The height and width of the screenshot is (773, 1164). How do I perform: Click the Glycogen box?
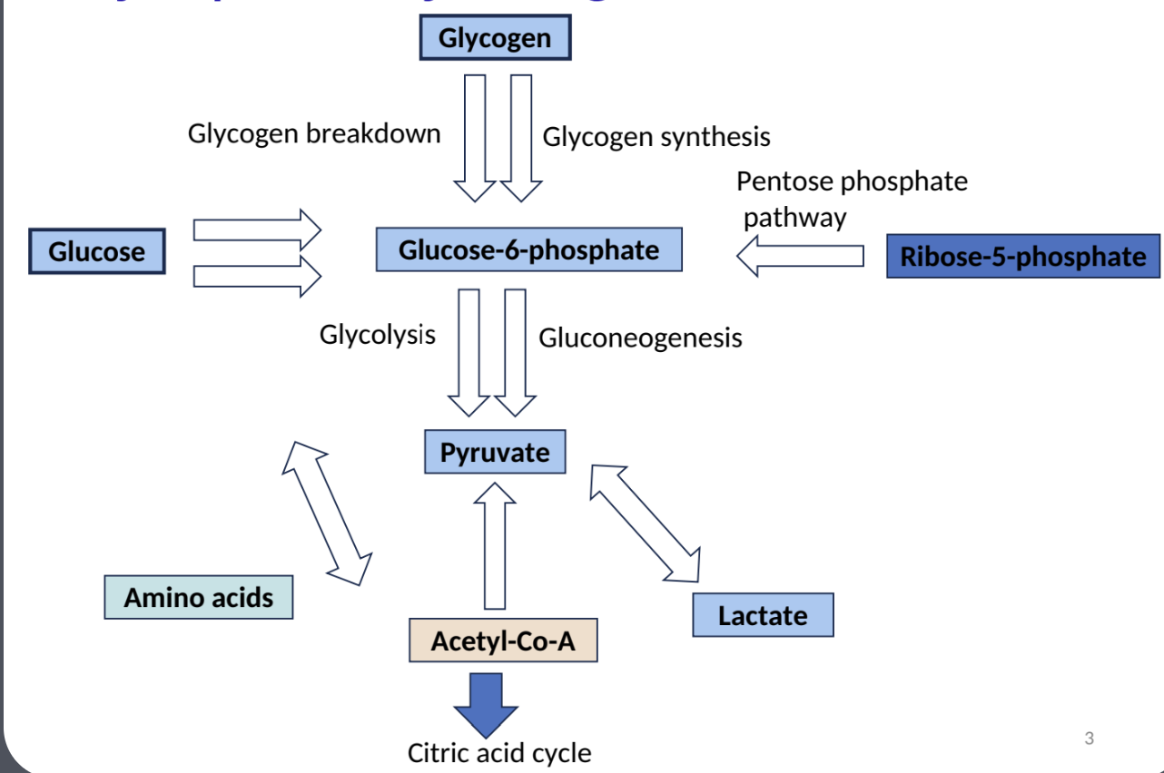[x=495, y=38]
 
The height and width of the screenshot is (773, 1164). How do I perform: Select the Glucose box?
[x=97, y=251]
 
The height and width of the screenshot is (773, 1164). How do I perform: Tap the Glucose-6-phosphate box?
[x=528, y=250]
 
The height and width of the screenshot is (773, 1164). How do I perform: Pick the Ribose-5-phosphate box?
[x=1022, y=256]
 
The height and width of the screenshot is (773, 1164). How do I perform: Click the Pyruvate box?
[x=495, y=452]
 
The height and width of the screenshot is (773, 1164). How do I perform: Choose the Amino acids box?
[x=199, y=597]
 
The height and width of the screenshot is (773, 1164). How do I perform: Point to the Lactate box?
[x=763, y=615]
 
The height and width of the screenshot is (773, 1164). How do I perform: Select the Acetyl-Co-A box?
[x=503, y=641]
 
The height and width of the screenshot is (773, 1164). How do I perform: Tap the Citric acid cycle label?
[x=499, y=753]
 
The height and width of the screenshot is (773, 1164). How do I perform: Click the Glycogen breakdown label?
[x=314, y=133]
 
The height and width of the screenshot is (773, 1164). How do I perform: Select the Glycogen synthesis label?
[x=656, y=137]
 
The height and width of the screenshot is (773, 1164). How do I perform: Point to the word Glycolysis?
[x=377, y=334]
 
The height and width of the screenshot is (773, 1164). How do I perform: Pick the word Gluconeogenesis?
[x=640, y=338]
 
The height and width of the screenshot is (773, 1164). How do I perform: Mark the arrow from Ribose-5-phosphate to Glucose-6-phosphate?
[x=800, y=256]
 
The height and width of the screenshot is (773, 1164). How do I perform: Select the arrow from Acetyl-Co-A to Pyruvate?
[x=495, y=544]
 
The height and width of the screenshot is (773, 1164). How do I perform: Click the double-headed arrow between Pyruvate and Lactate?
[x=646, y=523]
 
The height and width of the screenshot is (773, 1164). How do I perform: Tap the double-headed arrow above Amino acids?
[x=327, y=514]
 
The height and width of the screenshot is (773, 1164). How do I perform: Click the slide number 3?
[x=1090, y=739]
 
